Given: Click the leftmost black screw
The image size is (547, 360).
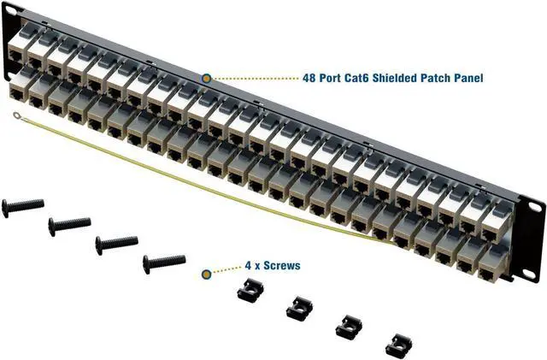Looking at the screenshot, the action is coord(23,205).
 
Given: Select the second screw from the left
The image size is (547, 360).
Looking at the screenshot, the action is coord(69,225).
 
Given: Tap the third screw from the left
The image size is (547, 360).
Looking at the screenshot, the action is coord(116,243).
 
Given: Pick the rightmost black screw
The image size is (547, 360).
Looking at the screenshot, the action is coord(164,259).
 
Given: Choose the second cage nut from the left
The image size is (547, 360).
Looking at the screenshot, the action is coord(298,307).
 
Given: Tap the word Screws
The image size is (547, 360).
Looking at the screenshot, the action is coord(281,266).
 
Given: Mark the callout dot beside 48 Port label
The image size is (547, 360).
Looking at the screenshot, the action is coord(206,78).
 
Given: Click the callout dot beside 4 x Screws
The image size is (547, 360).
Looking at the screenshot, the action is coord(206,274).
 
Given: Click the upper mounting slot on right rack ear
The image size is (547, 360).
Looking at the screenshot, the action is coord(535,208).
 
